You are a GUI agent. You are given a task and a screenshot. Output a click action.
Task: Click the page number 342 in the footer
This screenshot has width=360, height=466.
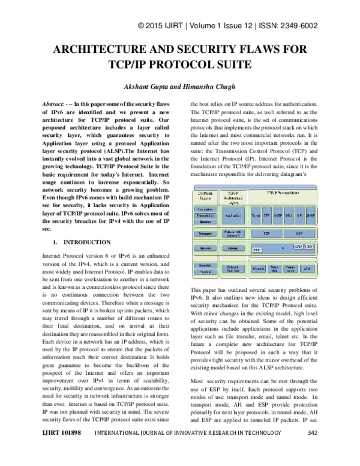click(312, 450)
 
